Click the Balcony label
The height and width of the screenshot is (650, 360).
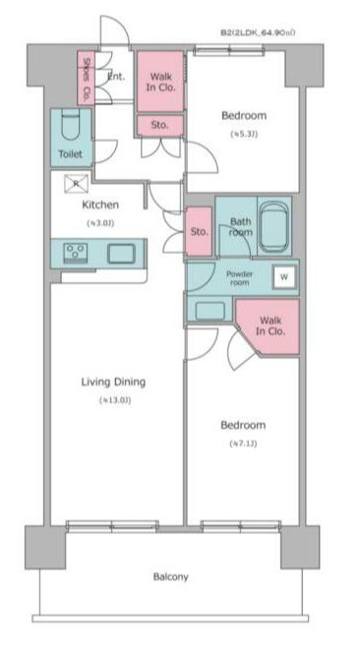pos(171,576)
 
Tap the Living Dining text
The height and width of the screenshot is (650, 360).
pos(114,382)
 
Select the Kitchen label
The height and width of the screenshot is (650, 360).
pos(99,206)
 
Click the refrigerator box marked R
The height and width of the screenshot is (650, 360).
pos(76,183)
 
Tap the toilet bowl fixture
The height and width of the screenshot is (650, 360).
pos(70,126)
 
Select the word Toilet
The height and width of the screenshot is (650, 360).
pos(70,154)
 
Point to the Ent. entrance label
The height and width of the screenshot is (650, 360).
pos(115,77)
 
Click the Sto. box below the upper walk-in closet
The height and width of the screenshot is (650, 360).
pos(158,125)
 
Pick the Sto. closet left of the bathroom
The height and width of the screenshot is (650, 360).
pos(200,232)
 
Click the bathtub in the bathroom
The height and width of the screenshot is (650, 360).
pos(273,227)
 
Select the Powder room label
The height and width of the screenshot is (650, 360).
pos(240,277)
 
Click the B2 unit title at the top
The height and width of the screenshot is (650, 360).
pos(258,32)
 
